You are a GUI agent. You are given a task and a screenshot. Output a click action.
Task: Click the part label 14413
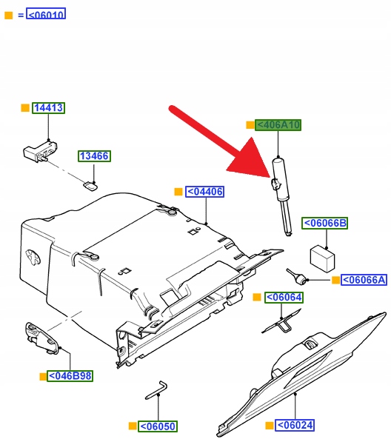tap(48, 108)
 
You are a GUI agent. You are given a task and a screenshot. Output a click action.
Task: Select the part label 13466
tap(94, 156)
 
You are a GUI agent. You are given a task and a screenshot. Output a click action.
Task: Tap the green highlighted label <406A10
tap(278, 125)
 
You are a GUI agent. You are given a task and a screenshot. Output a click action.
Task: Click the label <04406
tap(204, 192)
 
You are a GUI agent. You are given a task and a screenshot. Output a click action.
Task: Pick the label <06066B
tap(324, 223)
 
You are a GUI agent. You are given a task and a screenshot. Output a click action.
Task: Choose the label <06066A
tap(364, 280)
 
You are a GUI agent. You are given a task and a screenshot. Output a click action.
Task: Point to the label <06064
tap(284, 298)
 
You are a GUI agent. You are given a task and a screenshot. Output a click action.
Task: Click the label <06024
tap(295, 425)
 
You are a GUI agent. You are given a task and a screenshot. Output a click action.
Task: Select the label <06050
tap(158, 426)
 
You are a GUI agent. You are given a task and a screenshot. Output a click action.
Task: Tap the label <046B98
tap(70, 376)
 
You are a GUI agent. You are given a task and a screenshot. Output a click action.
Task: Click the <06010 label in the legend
tap(46, 14)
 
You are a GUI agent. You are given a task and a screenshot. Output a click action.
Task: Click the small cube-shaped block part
tap(322, 259)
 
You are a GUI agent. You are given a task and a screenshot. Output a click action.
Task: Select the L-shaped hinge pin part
tap(156, 390)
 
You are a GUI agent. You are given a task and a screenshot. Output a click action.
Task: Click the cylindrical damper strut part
tap(282, 197)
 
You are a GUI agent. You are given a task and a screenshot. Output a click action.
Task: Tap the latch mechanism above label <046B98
tap(43, 338)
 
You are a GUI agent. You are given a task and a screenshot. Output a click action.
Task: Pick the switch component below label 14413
tap(40, 152)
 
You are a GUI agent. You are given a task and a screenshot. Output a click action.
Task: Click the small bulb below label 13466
tap(90, 187)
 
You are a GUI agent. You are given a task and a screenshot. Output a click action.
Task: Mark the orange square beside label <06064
tap(257, 297)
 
